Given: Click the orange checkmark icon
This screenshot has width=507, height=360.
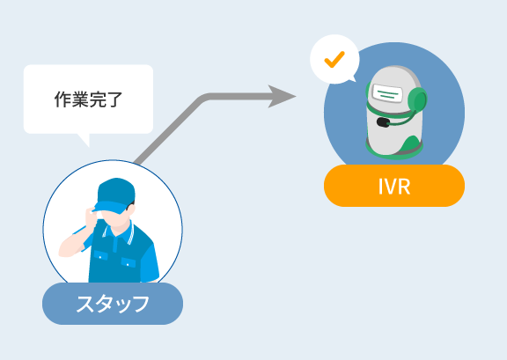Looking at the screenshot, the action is (334, 59).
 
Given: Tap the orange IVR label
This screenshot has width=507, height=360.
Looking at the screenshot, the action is (394, 186).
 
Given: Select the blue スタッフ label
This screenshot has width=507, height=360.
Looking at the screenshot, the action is (113, 304).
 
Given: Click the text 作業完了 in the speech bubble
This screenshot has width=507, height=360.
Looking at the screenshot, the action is (88, 99).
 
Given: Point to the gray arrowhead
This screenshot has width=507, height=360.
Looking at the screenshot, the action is (282, 97).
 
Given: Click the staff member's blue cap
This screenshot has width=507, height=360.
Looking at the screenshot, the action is (114, 195).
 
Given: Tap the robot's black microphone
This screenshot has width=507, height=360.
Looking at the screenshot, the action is (383, 122).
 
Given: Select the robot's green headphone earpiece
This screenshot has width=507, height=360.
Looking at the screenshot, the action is (418, 100).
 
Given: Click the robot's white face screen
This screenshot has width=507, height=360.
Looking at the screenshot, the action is (387, 93).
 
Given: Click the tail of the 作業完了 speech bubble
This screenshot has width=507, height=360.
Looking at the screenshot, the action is (84, 140).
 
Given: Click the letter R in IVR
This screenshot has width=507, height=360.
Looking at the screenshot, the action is (404, 187).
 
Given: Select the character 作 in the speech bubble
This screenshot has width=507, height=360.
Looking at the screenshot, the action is (62, 99).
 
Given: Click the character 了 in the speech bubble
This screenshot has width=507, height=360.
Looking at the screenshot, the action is (114, 99).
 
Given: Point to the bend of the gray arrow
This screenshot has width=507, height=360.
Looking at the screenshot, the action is (203, 98).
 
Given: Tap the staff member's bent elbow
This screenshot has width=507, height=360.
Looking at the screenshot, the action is (64, 252).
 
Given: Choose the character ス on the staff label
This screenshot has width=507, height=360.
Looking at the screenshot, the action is (84, 304).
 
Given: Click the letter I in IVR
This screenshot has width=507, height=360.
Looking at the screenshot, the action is (380, 187).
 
